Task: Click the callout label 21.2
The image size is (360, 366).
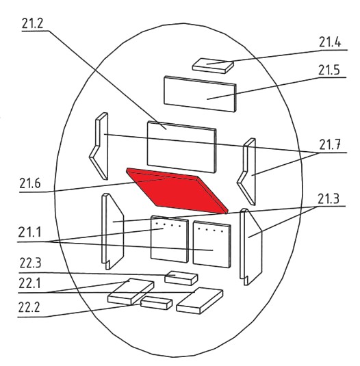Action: click(32, 23)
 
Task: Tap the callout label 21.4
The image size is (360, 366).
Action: click(330, 42)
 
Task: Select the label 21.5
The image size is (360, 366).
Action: click(329, 70)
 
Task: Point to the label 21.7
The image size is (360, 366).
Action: click(330, 144)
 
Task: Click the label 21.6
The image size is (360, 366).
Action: click(30, 183)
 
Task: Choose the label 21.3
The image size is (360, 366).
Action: click(329, 199)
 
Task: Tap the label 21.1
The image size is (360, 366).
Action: click(29, 232)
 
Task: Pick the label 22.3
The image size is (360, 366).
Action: click(30, 263)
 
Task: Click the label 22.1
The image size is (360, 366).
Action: click(29, 283)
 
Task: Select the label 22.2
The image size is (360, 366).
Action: click(29, 307)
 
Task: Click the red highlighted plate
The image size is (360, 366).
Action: click(177, 192)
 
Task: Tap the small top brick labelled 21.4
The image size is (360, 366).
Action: click(213, 66)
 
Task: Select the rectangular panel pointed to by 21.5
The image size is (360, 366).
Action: click(200, 94)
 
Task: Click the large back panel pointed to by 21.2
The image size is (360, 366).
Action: click(181, 147)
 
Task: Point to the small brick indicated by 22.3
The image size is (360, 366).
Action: click(181, 278)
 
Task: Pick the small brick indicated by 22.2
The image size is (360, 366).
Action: click(157, 303)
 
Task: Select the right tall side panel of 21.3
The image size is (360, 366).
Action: click(252, 248)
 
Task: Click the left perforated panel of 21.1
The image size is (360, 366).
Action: click(170, 239)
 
